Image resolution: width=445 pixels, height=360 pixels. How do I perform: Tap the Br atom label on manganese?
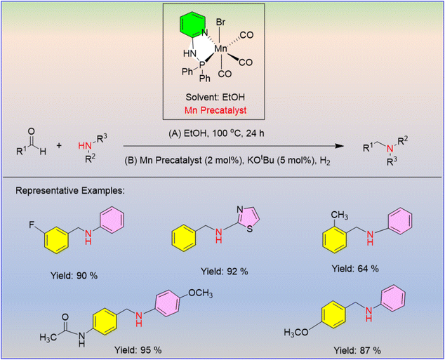pos(220,22)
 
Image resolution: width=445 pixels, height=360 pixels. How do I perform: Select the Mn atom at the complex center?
pos(220,48)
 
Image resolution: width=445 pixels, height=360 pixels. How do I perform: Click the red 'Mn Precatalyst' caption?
pos(215,110)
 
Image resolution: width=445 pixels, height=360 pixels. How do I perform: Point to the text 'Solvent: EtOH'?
pos(215,98)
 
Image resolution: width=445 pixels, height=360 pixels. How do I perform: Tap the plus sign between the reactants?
pos(59,146)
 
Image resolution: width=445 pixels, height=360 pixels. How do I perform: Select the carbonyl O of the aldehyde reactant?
pos(32,132)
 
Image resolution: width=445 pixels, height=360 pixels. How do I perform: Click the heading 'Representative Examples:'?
pos(70,191)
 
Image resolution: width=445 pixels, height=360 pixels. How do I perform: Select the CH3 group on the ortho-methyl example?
pos(339,215)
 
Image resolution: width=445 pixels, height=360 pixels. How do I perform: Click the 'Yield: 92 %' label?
pos(224,272)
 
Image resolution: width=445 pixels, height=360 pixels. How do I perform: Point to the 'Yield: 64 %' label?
pos(355,268)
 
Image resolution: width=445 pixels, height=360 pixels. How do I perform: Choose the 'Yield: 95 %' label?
pos(138,350)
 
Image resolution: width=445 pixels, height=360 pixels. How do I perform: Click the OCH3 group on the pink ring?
pos(200,293)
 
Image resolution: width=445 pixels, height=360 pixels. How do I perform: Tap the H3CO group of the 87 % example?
pos(296,332)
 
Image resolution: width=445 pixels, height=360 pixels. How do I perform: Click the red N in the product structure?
pos(390,148)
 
